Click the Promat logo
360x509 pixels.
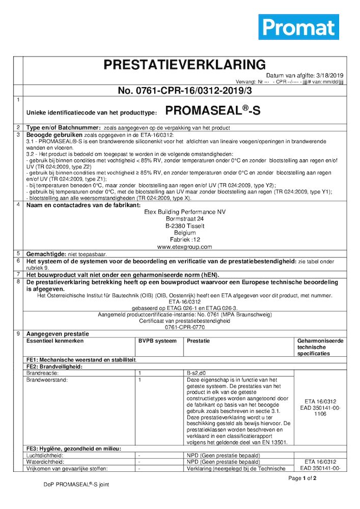298,26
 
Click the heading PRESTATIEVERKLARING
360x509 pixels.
184,65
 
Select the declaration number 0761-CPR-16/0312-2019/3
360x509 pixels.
184,91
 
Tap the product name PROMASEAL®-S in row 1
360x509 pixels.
213,111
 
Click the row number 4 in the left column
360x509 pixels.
18,205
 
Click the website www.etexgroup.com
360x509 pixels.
184,247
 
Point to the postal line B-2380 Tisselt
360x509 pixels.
184,226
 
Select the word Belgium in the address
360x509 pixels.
184,233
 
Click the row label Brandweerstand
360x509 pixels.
46,379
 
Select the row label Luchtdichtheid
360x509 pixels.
44,455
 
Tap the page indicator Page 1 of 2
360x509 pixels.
302,478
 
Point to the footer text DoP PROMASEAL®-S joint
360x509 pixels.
76,485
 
